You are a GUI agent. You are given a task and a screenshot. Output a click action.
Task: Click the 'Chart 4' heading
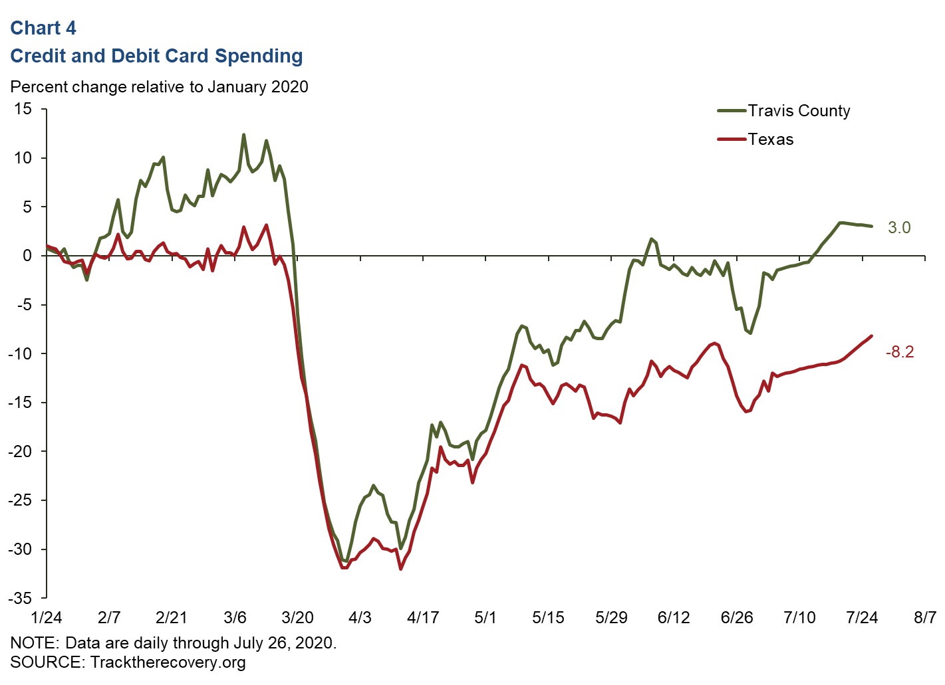coord(43,28)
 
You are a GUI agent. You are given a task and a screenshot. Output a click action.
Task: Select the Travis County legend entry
coord(798,111)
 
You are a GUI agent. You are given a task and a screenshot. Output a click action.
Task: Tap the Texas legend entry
coord(770,140)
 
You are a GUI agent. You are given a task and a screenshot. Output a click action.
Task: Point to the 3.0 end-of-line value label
coord(899,228)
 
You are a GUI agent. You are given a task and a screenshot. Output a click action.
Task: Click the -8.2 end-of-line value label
coord(899,352)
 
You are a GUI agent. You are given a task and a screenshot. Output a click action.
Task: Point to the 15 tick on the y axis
coord(23,109)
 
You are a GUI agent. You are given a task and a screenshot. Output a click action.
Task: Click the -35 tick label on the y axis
coord(20,598)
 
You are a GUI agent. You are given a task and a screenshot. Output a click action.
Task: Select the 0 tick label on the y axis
coord(27,256)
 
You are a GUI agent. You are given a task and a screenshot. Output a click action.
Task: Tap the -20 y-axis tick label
coord(20,452)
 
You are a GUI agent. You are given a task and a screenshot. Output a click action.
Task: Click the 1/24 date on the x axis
coord(47,618)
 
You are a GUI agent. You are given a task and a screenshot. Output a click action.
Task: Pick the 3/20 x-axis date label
coord(297,618)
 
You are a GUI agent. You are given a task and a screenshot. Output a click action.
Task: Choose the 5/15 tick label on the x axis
coord(548,618)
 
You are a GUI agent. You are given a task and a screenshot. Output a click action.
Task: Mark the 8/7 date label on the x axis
coord(924,618)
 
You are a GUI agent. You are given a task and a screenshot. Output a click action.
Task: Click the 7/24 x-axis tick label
coord(862,618)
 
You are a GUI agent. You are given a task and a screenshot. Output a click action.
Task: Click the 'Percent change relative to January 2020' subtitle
coord(160,87)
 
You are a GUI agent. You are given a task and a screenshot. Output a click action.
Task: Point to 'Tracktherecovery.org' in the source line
coord(168,662)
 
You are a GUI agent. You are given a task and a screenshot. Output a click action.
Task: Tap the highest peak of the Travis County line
coord(243,135)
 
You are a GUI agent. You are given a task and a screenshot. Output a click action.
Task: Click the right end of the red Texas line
coord(871,336)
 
